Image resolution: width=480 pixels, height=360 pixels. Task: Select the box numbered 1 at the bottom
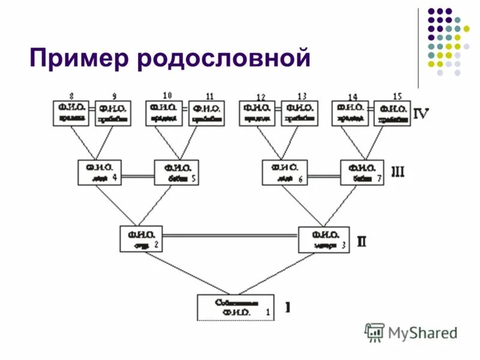coord(235,307)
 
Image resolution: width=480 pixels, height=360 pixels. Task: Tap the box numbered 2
coord(141,239)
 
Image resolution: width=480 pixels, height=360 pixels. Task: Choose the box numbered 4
coord(99,172)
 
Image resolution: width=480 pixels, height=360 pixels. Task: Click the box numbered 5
coord(176,172)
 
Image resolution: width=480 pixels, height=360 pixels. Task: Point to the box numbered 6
coord(284,173)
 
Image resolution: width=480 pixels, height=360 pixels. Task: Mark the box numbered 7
coord(362,173)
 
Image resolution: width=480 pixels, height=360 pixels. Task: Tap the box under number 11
coord(206,113)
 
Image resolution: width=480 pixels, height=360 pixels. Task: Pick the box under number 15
coord(393,113)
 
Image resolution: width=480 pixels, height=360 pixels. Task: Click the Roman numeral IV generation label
coord(421,112)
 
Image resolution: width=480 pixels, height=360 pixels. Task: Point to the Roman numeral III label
coord(398,173)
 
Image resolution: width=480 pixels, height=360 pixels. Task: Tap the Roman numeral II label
coord(362,242)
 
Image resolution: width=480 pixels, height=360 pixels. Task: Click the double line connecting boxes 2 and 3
coord(230,235)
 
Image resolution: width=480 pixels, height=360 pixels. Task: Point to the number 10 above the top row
coord(167,95)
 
